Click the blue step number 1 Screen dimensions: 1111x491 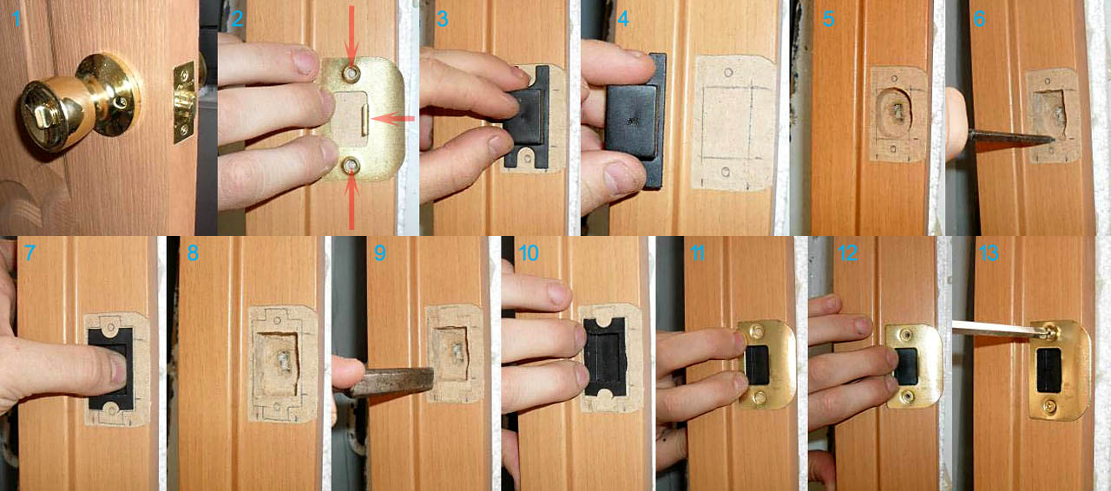(16, 19)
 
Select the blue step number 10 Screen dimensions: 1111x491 (529, 253)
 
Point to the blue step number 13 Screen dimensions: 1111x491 (989, 253)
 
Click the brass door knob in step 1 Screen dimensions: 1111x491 (79, 103)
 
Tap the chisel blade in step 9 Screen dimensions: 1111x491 (391, 382)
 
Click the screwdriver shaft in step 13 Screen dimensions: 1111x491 (992, 328)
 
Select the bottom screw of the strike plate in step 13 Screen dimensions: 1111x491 (1049, 406)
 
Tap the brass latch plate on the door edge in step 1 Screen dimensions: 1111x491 (183, 101)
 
